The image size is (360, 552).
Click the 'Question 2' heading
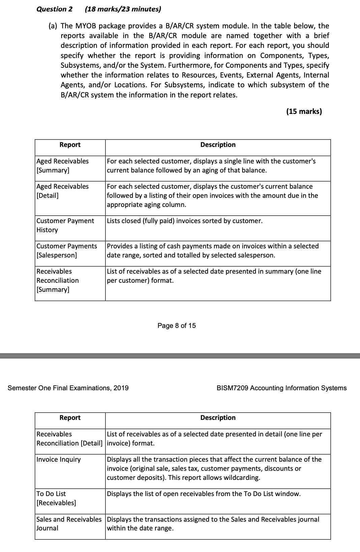pyautogui.click(x=54, y=9)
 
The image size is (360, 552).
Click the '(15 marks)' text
pyautogui.click(x=304, y=112)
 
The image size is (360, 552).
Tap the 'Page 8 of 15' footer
pyautogui.click(x=176, y=326)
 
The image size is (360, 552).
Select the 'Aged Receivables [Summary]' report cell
pyautogui.click(x=62, y=165)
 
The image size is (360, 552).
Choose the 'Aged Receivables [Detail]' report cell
pyautogui.click(x=62, y=191)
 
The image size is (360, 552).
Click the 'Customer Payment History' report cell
pyautogui.click(x=65, y=225)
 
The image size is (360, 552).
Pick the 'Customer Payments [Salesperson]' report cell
pyautogui.click(x=66, y=250)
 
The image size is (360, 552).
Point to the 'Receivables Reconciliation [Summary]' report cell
pyautogui.click(x=58, y=280)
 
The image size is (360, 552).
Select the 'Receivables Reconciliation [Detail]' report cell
pyautogui.click(x=69, y=438)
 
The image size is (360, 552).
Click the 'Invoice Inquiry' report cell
pyautogui.click(x=59, y=459)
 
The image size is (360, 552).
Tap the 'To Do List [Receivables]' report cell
pyautogui.click(x=56, y=498)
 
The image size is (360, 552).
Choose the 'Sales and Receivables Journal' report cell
pyautogui.click(x=69, y=524)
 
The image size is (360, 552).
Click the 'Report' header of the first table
pyautogui.click(x=70, y=145)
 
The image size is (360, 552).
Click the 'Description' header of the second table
pyautogui.click(x=218, y=418)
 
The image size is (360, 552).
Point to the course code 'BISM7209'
pyautogui.click(x=233, y=388)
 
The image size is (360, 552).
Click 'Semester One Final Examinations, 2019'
pyautogui.click(x=68, y=388)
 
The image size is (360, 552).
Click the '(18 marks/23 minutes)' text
pyautogui.click(x=123, y=9)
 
